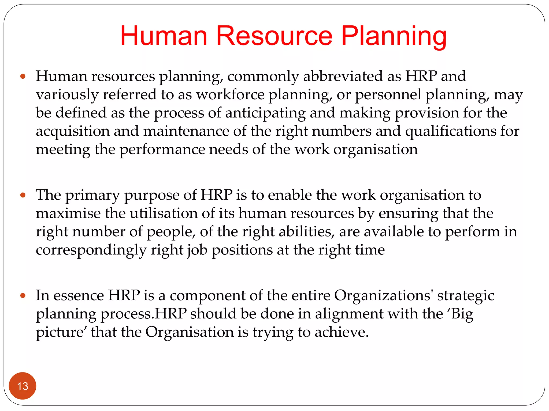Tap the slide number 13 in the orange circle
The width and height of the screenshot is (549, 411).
23,386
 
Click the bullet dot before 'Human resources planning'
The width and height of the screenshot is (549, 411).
23,77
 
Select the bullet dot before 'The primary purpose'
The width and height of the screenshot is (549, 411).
23,195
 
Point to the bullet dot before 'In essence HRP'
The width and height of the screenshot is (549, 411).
23,296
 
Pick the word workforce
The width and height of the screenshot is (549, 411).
230,95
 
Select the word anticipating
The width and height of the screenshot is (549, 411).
265,113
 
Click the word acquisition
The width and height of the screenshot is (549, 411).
73,131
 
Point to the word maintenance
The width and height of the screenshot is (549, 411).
186,131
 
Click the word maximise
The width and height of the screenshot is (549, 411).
68,214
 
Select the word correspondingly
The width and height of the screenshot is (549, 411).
91,250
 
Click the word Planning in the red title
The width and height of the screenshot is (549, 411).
394,36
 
